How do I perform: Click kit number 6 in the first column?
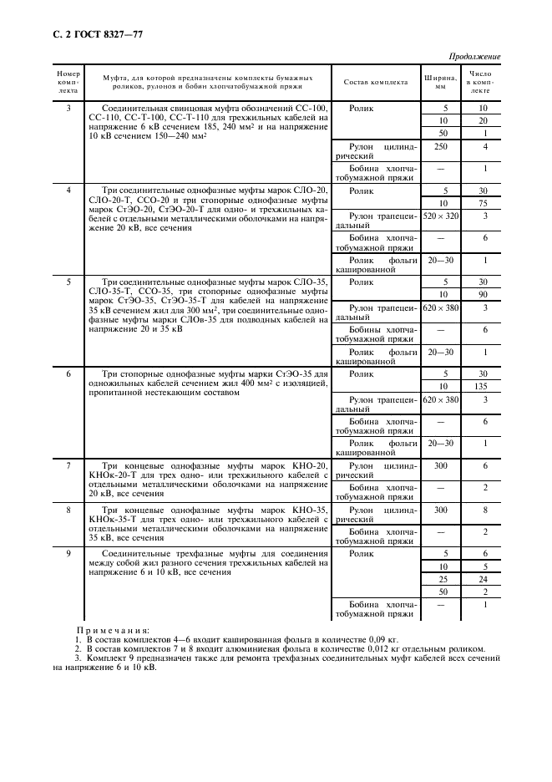coord(68,373)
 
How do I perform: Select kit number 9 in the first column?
coord(68,553)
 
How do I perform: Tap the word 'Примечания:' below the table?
coord(112,631)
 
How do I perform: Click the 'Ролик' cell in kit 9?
coord(361,553)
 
